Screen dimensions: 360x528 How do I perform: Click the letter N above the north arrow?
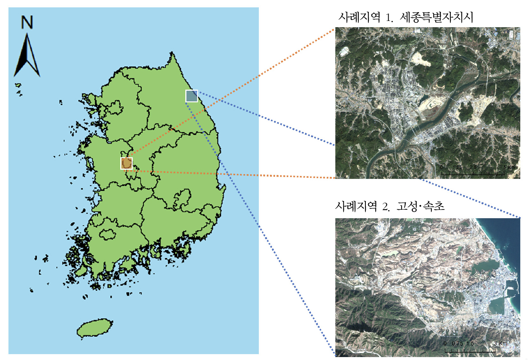[x=27, y=22]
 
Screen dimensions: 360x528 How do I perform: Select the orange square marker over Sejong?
[x=126, y=163]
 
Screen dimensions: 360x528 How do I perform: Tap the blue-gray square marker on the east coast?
[x=192, y=96]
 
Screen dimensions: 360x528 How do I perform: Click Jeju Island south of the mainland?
[x=94, y=328]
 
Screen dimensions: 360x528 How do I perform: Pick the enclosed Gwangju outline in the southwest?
[x=107, y=234]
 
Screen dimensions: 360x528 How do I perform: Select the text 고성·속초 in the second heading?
[x=421, y=206]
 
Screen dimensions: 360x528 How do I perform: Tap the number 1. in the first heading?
[x=389, y=18]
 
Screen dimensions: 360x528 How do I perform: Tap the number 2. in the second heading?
[x=386, y=207]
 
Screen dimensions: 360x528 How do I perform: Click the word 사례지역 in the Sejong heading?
[x=359, y=17]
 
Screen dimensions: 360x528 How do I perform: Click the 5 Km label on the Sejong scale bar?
[x=509, y=168]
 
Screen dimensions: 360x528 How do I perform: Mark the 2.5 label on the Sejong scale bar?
[x=473, y=168]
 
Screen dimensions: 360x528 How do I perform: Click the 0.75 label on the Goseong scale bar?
[x=457, y=343]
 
